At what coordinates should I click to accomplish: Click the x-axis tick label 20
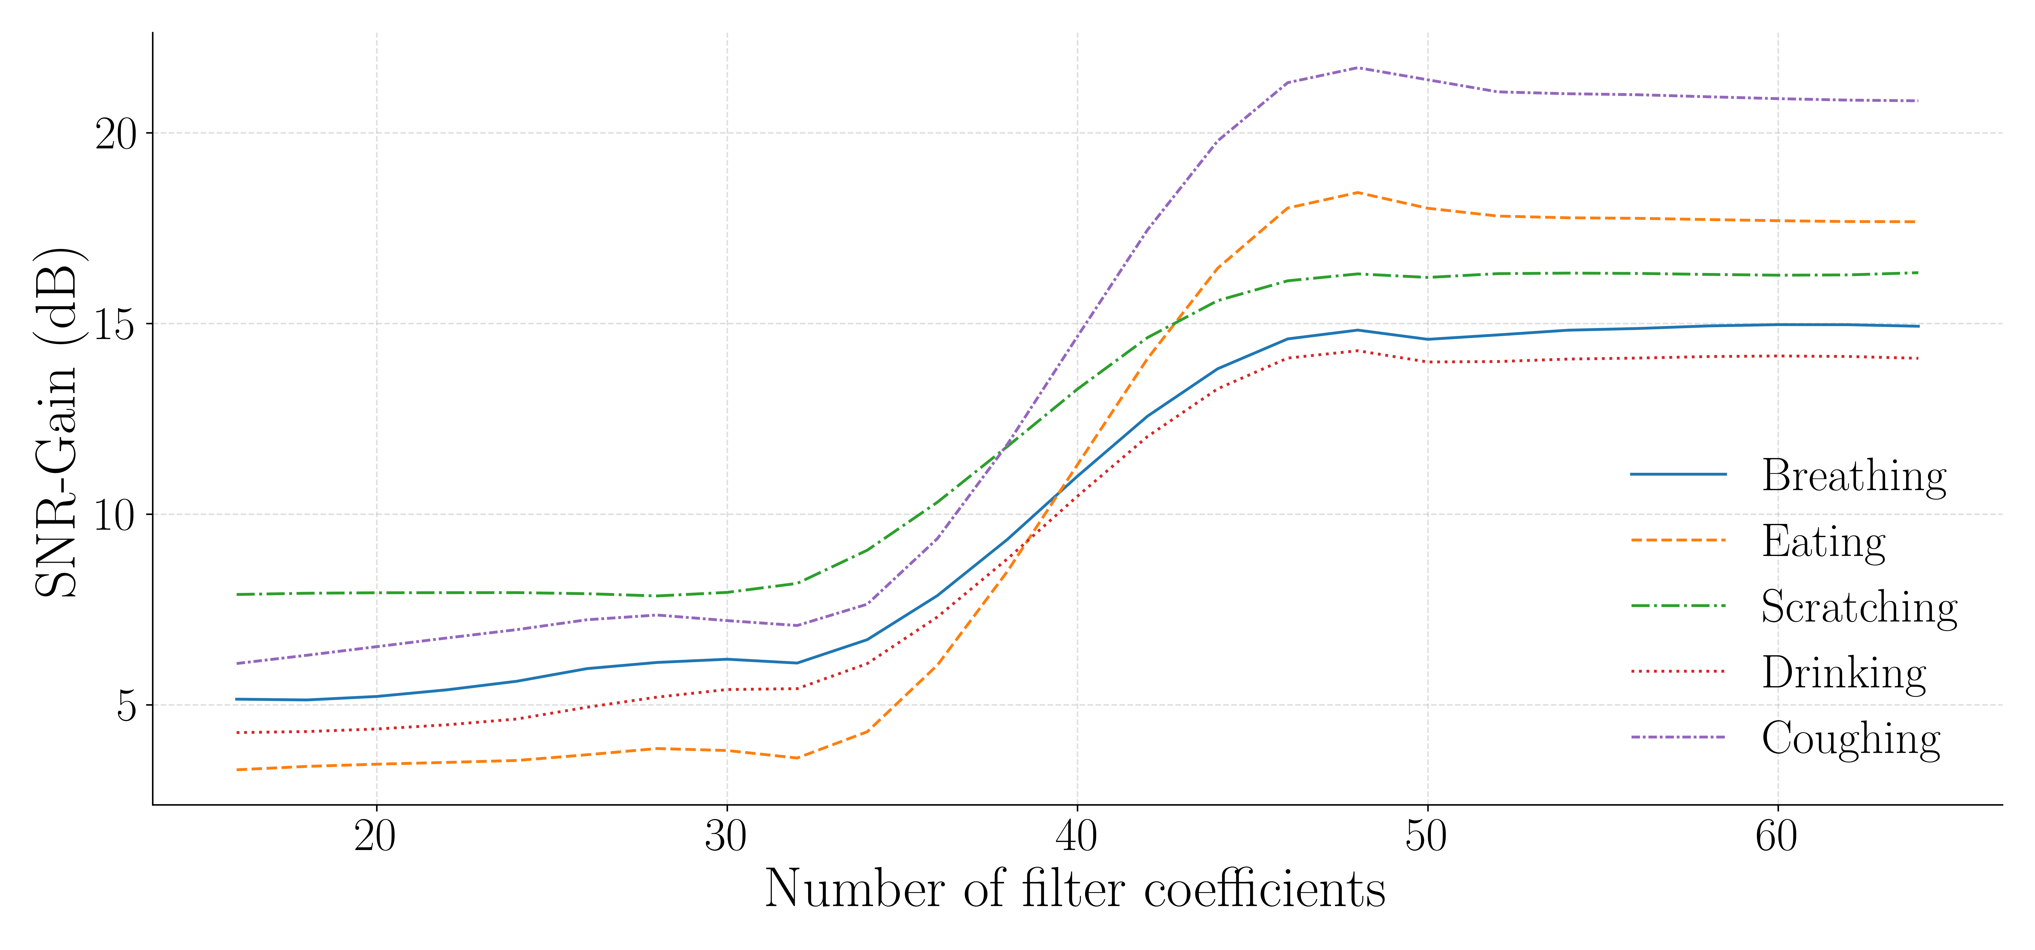coord(375,836)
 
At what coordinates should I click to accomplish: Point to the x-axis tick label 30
coord(726,836)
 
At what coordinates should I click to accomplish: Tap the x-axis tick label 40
coord(1077,836)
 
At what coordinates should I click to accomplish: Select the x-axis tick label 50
coord(1427,836)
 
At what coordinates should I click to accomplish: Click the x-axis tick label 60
coord(1777,836)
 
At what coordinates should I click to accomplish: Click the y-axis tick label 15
coord(115,324)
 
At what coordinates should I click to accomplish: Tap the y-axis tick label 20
coord(115,134)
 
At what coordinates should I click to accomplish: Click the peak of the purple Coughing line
coord(1357,68)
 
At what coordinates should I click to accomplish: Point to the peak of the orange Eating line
coord(1357,192)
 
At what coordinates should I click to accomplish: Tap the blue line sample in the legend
coord(1678,474)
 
